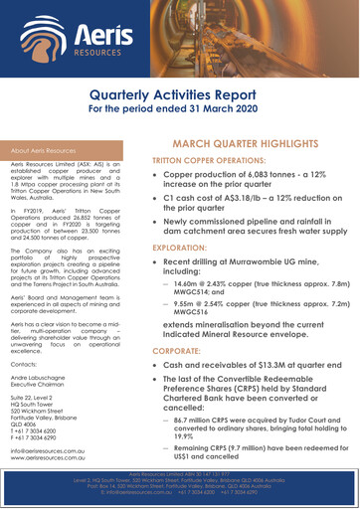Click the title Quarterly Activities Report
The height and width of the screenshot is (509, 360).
[x=180, y=99]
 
